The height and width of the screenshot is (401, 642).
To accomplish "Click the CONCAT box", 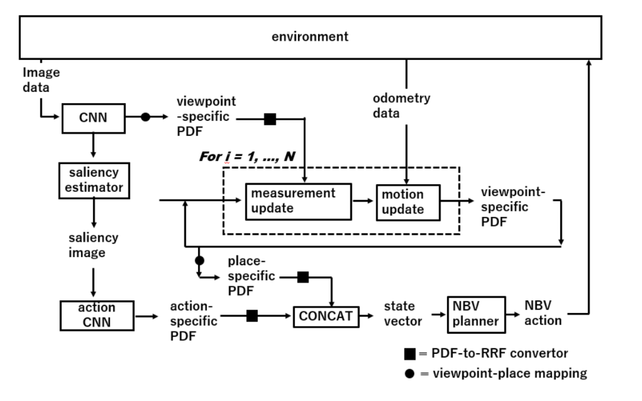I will (326, 315).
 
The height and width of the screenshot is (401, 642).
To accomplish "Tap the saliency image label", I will (93, 245).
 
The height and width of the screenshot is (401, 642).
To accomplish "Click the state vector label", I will (404, 314).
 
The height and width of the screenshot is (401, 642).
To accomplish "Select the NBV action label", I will (542, 314).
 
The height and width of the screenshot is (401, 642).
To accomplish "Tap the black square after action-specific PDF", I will (251, 315).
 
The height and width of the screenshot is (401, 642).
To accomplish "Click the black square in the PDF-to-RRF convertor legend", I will (410, 353).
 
